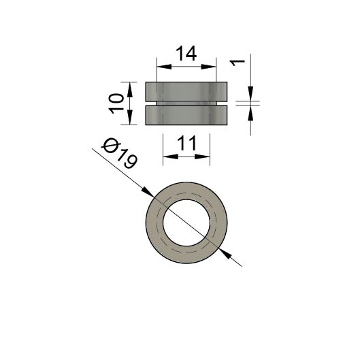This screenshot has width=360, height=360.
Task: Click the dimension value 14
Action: [186, 54]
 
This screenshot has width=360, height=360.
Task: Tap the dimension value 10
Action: [116, 103]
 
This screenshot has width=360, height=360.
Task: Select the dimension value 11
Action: [187, 143]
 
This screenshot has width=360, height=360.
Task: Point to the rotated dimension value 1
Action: [238, 63]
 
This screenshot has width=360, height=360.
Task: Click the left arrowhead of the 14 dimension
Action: [164, 67]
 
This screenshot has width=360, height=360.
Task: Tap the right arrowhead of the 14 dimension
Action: [209, 67]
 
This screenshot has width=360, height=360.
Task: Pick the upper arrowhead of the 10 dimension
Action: [130, 90]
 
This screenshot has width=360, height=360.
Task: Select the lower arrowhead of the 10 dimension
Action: [130, 117]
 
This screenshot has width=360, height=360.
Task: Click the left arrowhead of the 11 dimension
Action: [171, 157]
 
